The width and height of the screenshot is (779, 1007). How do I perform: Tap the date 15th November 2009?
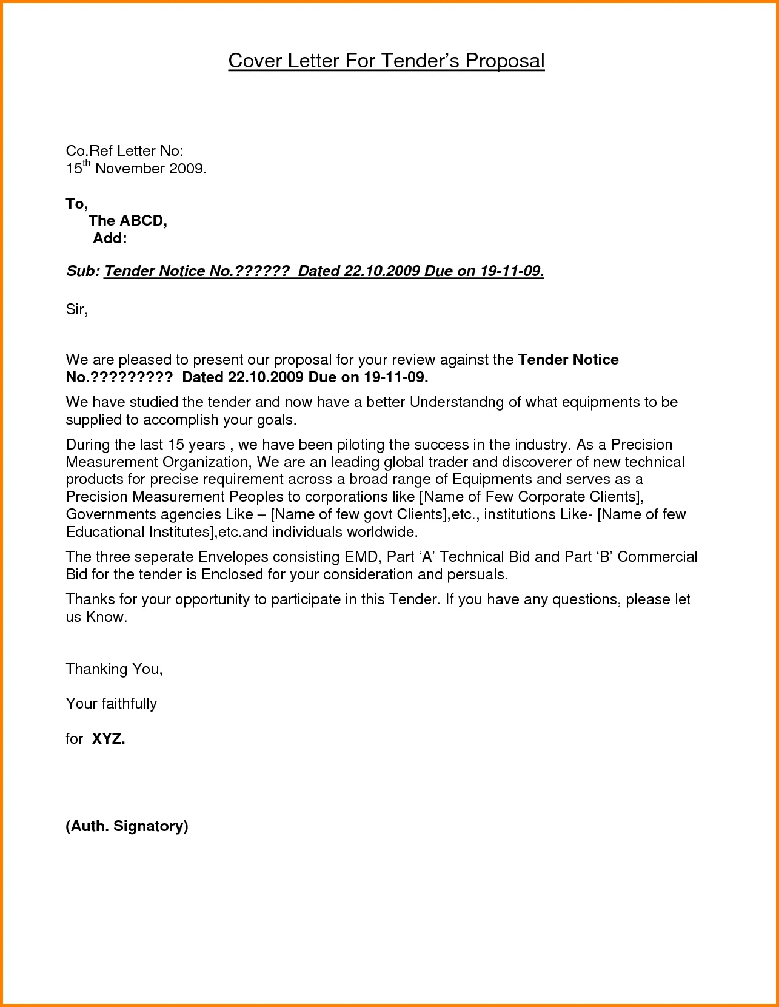point(136,169)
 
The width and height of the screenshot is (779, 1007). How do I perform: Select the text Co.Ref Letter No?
point(124,151)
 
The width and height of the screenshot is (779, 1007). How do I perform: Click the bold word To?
point(76,204)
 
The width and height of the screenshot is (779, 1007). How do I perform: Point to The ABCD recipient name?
point(127,221)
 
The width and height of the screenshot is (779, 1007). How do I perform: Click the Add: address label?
point(110,238)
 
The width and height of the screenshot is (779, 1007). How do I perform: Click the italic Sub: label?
point(82,271)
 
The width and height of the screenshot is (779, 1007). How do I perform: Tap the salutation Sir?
point(76,309)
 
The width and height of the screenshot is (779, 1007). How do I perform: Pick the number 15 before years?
point(175,445)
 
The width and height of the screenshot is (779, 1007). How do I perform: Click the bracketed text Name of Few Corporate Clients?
point(531,497)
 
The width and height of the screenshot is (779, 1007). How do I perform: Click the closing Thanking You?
point(114,669)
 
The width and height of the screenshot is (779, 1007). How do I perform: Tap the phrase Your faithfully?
point(111,704)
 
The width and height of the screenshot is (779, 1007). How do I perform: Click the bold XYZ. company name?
point(108,739)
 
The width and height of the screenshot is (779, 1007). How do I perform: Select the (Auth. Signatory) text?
point(127,826)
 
